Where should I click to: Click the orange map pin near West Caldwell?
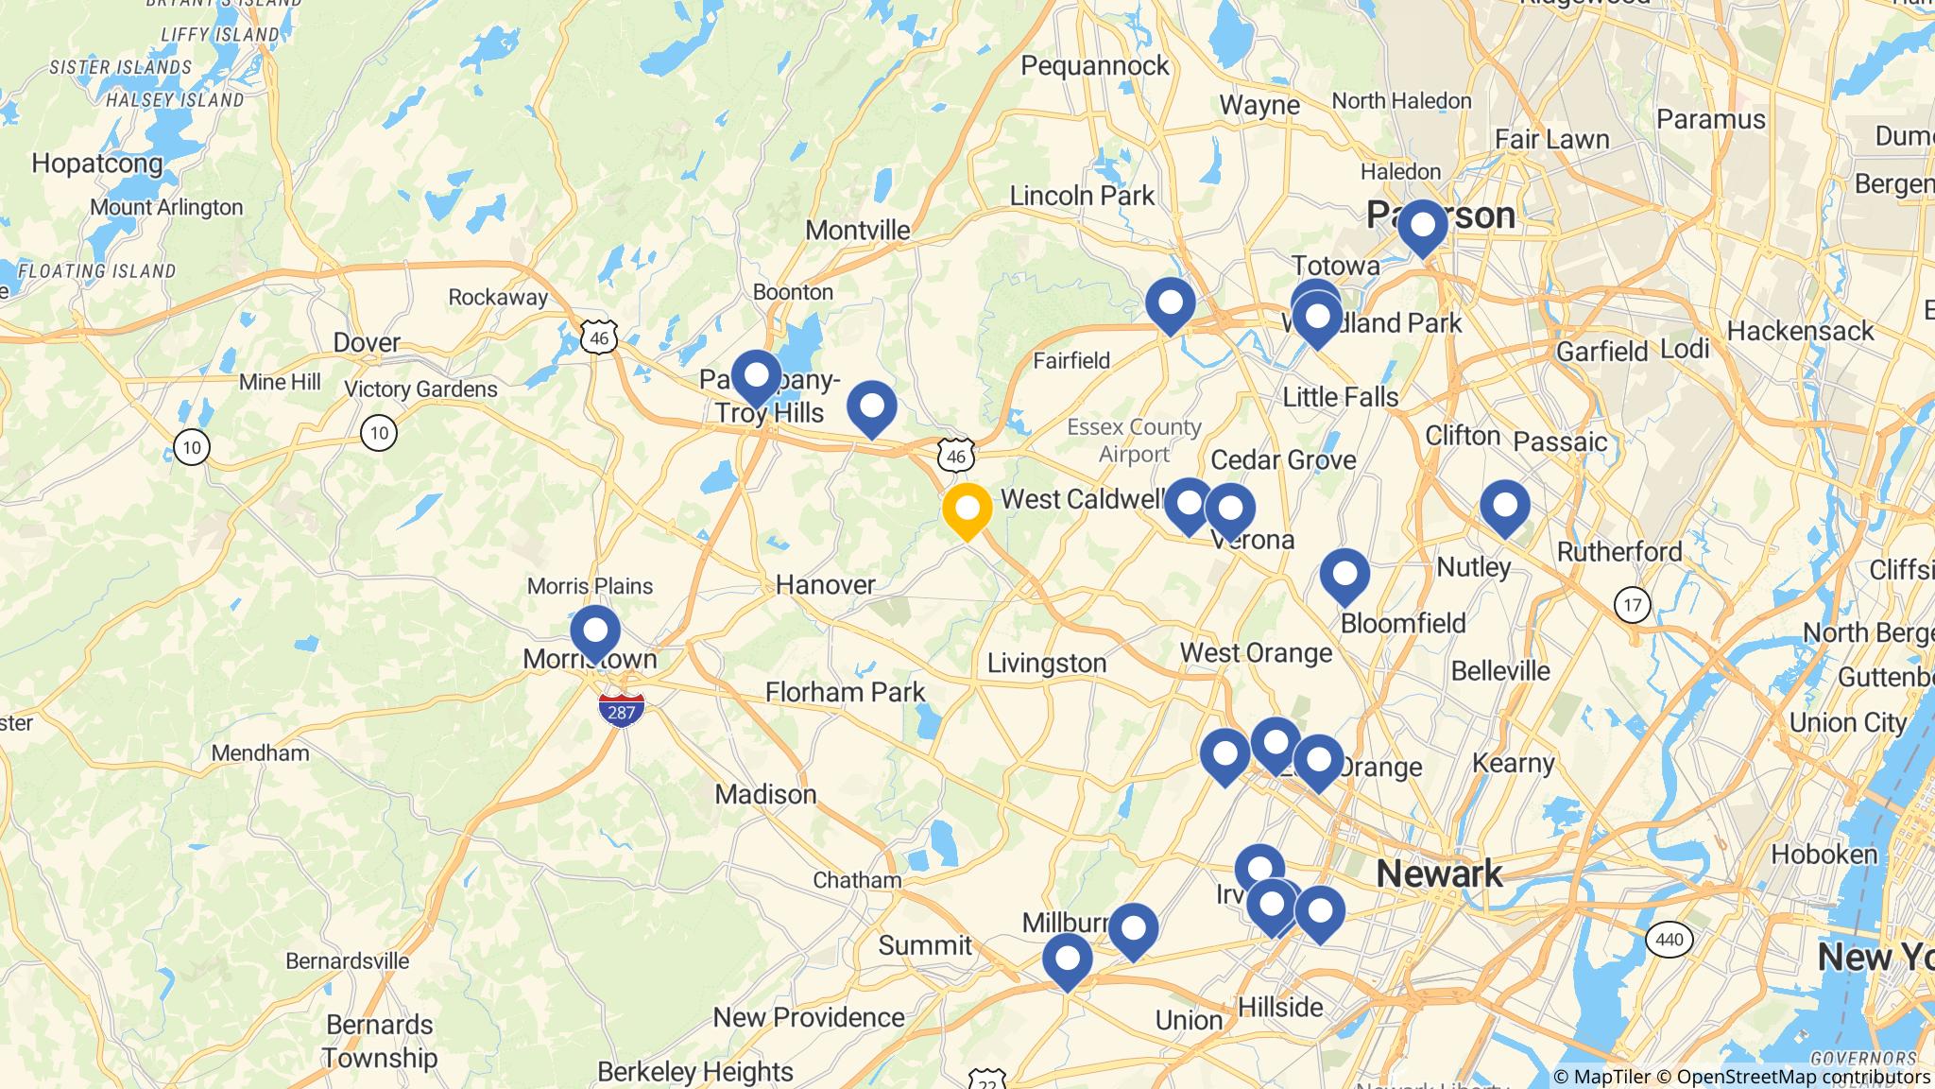(x=967, y=510)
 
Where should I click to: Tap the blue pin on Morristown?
(x=595, y=631)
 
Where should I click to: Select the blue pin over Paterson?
(x=1422, y=226)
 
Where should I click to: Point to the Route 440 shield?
(x=1670, y=940)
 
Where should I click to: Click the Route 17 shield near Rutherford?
(x=1633, y=604)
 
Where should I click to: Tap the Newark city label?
(x=1439, y=873)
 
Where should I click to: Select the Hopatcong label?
(x=97, y=164)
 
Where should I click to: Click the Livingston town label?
(x=1047, y=663)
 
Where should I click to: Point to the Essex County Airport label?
(x=1134, y=441)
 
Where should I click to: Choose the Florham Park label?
(x=846, y=692)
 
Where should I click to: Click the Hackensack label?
(x=1800, y=331)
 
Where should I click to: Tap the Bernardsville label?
(x=348, y=960)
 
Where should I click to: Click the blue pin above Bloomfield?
(x=1344, y=575)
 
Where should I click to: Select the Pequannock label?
(x=1095, y=65)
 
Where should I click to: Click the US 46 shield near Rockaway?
(x=599, y=337)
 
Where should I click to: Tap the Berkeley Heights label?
(x=695, y=1072)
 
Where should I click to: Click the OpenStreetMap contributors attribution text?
(x=1803, y=1077)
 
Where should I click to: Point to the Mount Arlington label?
(x=167, y=207)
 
